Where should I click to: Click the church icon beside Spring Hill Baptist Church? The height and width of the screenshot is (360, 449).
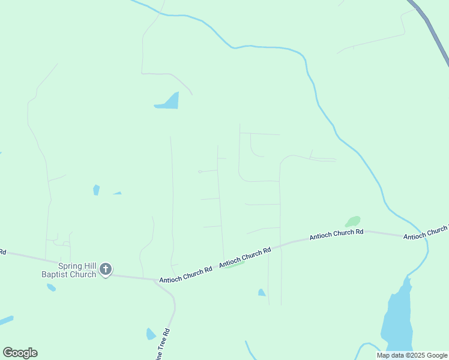point(106,269)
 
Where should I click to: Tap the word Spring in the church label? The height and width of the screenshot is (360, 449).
point(71,266)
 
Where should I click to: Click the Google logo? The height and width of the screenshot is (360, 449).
point(20,353)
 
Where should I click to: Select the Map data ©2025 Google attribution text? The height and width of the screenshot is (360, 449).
point(412,355)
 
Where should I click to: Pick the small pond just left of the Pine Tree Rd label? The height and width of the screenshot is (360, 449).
point(151,334)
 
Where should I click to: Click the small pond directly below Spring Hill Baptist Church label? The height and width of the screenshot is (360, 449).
point(51,287)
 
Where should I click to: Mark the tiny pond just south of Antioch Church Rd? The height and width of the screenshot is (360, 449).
point(262,293)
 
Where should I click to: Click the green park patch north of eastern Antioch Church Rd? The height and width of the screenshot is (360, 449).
point(352,221)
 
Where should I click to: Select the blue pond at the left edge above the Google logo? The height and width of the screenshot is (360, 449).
point(6,320)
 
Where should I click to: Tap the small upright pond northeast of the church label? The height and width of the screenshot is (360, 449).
point(96,190)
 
